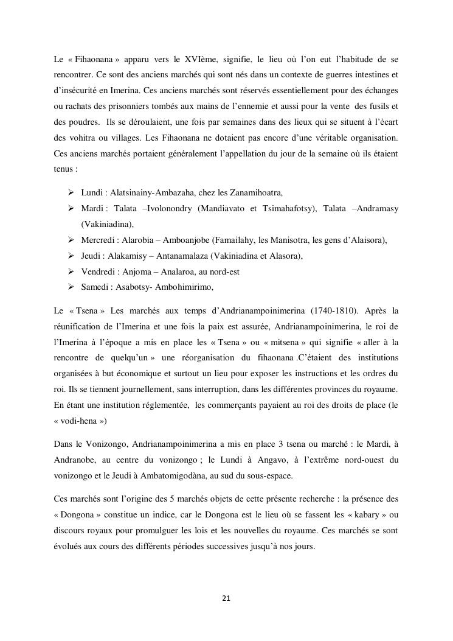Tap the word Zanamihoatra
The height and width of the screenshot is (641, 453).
click(256, 193)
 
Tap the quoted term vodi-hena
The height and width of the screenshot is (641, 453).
click(74, 420)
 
